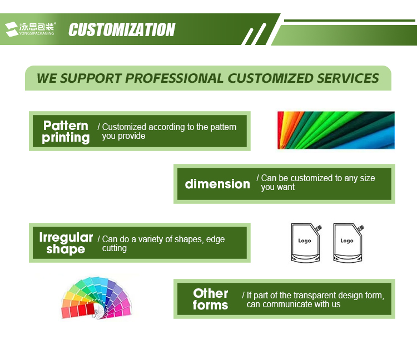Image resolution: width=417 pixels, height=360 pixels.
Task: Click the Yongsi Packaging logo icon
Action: pos(12,29)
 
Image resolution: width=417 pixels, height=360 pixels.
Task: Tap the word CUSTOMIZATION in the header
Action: pos(122,29)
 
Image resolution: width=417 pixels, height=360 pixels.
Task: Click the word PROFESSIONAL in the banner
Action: pos(174,78)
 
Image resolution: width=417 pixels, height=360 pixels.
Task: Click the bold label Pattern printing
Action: pos(66,132)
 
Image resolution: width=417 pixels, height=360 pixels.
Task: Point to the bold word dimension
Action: pos(217,184)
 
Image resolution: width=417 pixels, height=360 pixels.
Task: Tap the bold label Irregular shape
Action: pos(66,243)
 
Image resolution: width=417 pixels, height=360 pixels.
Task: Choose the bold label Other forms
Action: pos(210,299)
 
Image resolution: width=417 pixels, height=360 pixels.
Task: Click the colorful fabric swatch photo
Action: pos(336,130)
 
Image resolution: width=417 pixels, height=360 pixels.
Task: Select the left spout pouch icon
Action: pos(306,243)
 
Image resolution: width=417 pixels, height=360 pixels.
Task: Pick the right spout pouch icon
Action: pos(349,243)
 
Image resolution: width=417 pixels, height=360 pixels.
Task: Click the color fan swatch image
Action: pos(97,298)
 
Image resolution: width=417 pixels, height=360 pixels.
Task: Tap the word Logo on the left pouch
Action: pos(305,241)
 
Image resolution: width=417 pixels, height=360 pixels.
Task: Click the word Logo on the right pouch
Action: pos(347,241)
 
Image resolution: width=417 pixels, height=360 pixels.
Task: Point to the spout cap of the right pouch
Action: pos(361,228)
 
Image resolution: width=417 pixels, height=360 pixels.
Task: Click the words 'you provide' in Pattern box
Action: pos(123,136)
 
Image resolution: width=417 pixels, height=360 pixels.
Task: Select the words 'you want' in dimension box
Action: pos(277,187)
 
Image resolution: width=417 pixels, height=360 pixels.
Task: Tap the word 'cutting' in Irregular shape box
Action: pos(115,248)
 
